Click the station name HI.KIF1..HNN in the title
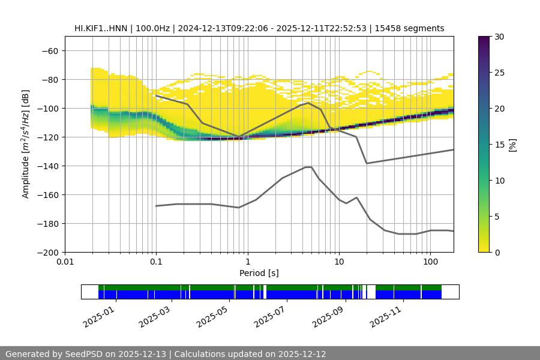(x=100, y=28)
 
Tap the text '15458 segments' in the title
(x=413, y=28)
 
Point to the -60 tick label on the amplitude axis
(x=50, y=50)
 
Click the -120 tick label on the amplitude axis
(x=47, y=137)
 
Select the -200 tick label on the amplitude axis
(x=47, y=252)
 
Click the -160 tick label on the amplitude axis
(x=47, y=194)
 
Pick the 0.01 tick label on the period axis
(x=65, y=262)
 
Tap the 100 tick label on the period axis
(x=430, y=262)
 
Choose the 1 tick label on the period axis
(x=248, y=262)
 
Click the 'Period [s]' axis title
(x=259, y=273)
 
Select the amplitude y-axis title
(x=26, y=144)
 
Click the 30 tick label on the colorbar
(x=499, y=37)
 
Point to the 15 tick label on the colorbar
(x=499, y=145)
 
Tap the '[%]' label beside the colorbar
(x=512, y=145)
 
